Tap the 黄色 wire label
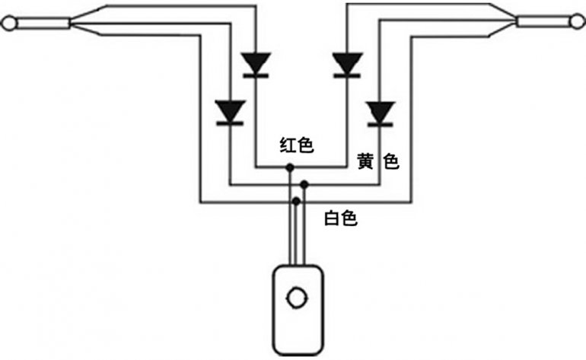[378, 162]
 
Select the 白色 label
[340, 219]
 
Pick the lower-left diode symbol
[228, 112]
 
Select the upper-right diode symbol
[348, 63]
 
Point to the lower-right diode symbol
[379, 113]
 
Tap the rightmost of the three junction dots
[304, 183]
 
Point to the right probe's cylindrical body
[543, 21]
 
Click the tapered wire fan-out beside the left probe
[91, 21]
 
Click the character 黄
[365, 162]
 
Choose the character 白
[332, 219]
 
